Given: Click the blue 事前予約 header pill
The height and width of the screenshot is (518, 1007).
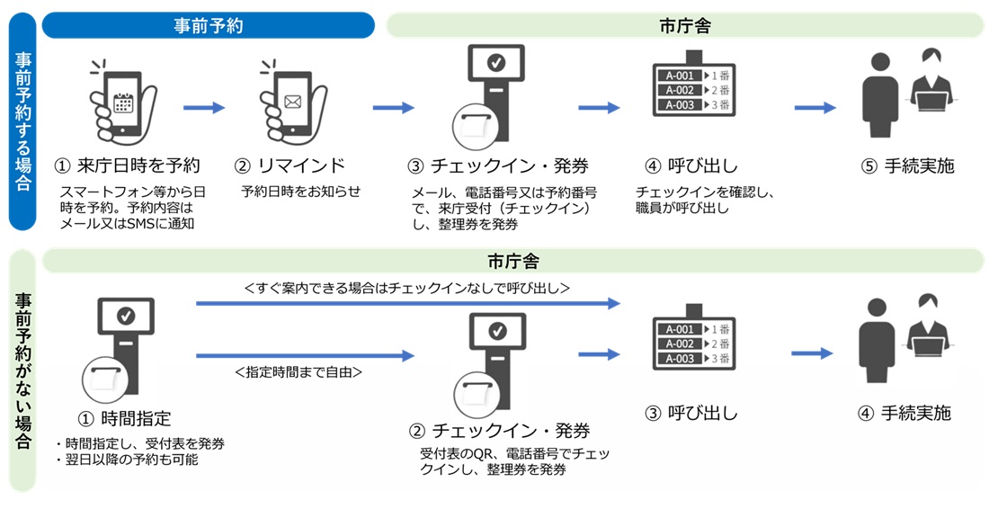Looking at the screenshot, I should pos(208,25).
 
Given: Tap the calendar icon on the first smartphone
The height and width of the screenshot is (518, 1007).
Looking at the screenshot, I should pos(123,102).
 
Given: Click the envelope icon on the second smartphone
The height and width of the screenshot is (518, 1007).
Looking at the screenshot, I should pos(292,102).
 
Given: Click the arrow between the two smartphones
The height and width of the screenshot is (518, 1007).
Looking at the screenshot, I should pos(204,108).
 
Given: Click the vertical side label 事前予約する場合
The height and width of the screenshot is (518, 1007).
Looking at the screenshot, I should pos(22,121).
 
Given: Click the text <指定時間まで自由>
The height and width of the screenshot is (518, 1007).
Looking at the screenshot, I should pos(299,371).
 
